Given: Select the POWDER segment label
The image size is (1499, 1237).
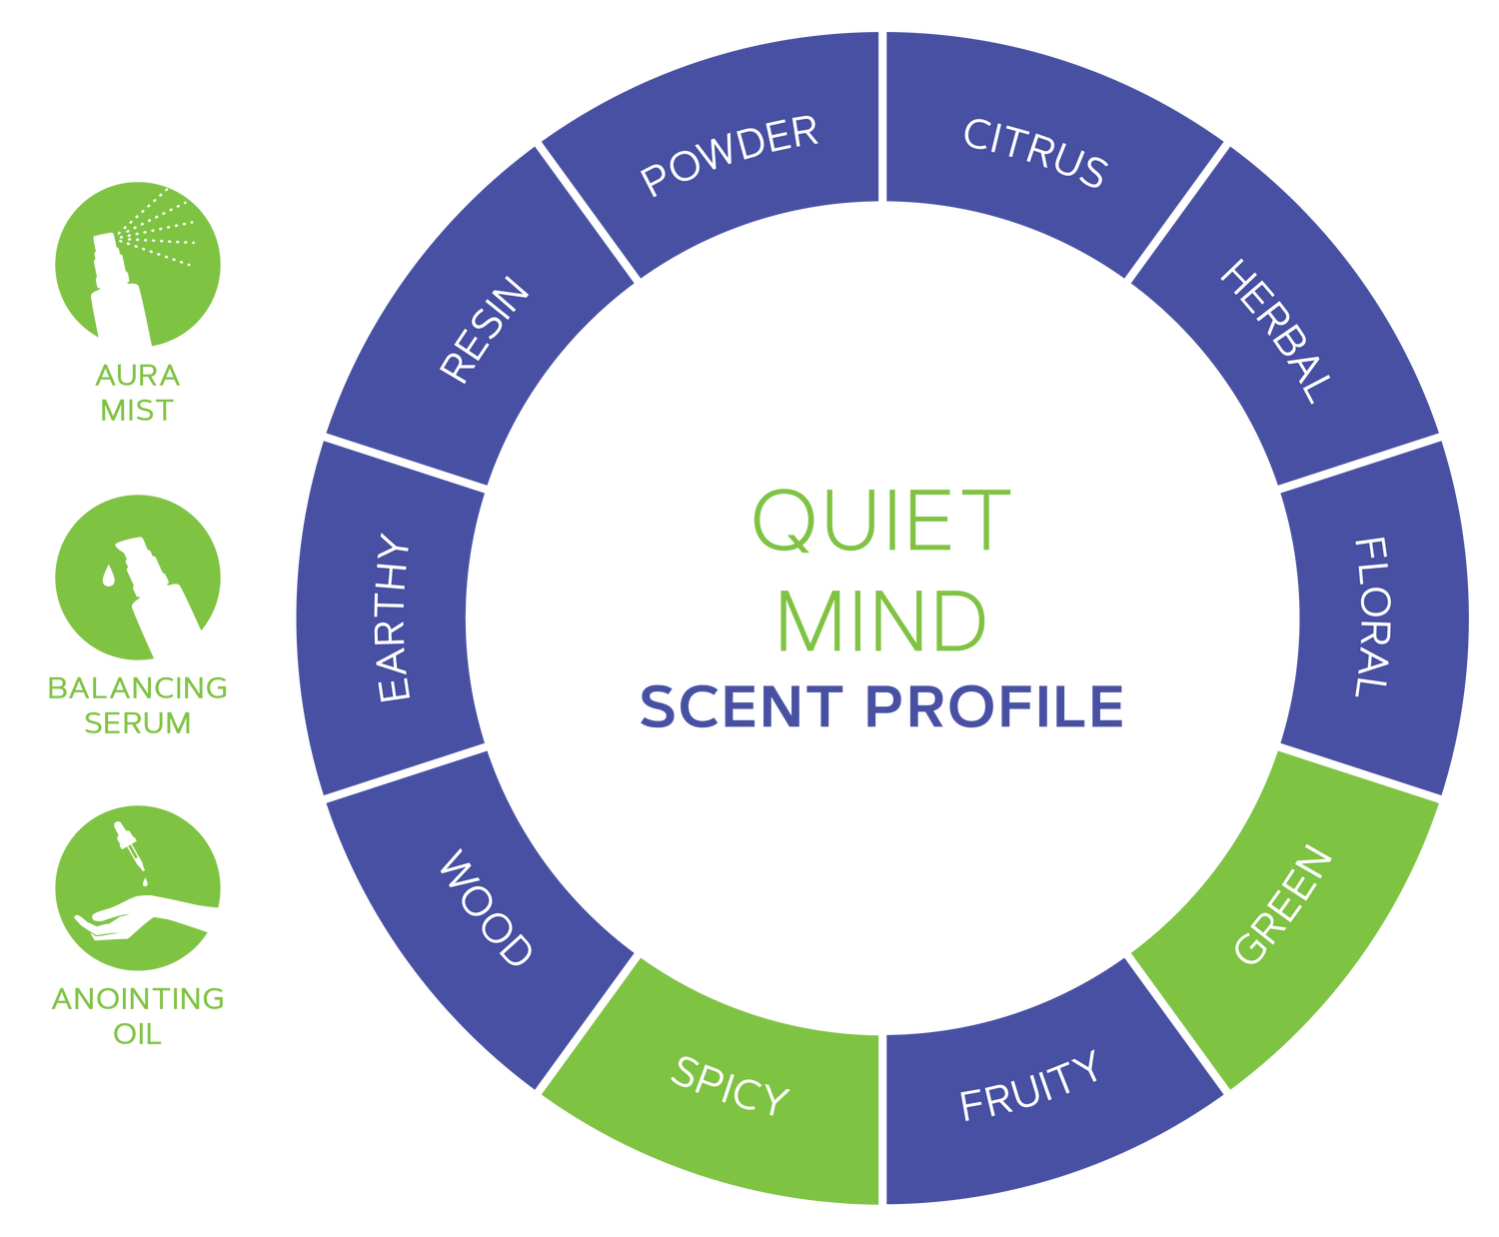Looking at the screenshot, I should tap(730, 155).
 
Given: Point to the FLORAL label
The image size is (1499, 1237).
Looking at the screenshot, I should tap(1371, 617).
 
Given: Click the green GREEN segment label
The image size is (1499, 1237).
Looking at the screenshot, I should tap(1283, 905).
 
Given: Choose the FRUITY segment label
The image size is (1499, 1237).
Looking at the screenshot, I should tap(1029, 1086).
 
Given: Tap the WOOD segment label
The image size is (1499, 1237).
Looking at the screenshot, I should tap(486, 907).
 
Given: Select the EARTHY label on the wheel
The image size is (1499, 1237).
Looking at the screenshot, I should tap(394, 618).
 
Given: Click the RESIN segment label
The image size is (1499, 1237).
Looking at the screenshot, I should tap(485, 330).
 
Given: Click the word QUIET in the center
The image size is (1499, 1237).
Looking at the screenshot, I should tap(881, 520).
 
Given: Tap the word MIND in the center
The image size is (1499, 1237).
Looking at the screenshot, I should tap(881, 620).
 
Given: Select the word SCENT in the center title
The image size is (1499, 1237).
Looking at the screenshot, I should tap(742, 706).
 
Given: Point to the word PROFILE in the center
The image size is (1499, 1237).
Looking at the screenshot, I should tap(994, 706).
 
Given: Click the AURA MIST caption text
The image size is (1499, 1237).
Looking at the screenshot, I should tap(138, 393).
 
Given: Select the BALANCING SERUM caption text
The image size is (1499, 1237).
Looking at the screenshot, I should tap(138, 704).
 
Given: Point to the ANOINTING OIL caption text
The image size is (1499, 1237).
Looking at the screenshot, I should tap(138, 1015).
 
